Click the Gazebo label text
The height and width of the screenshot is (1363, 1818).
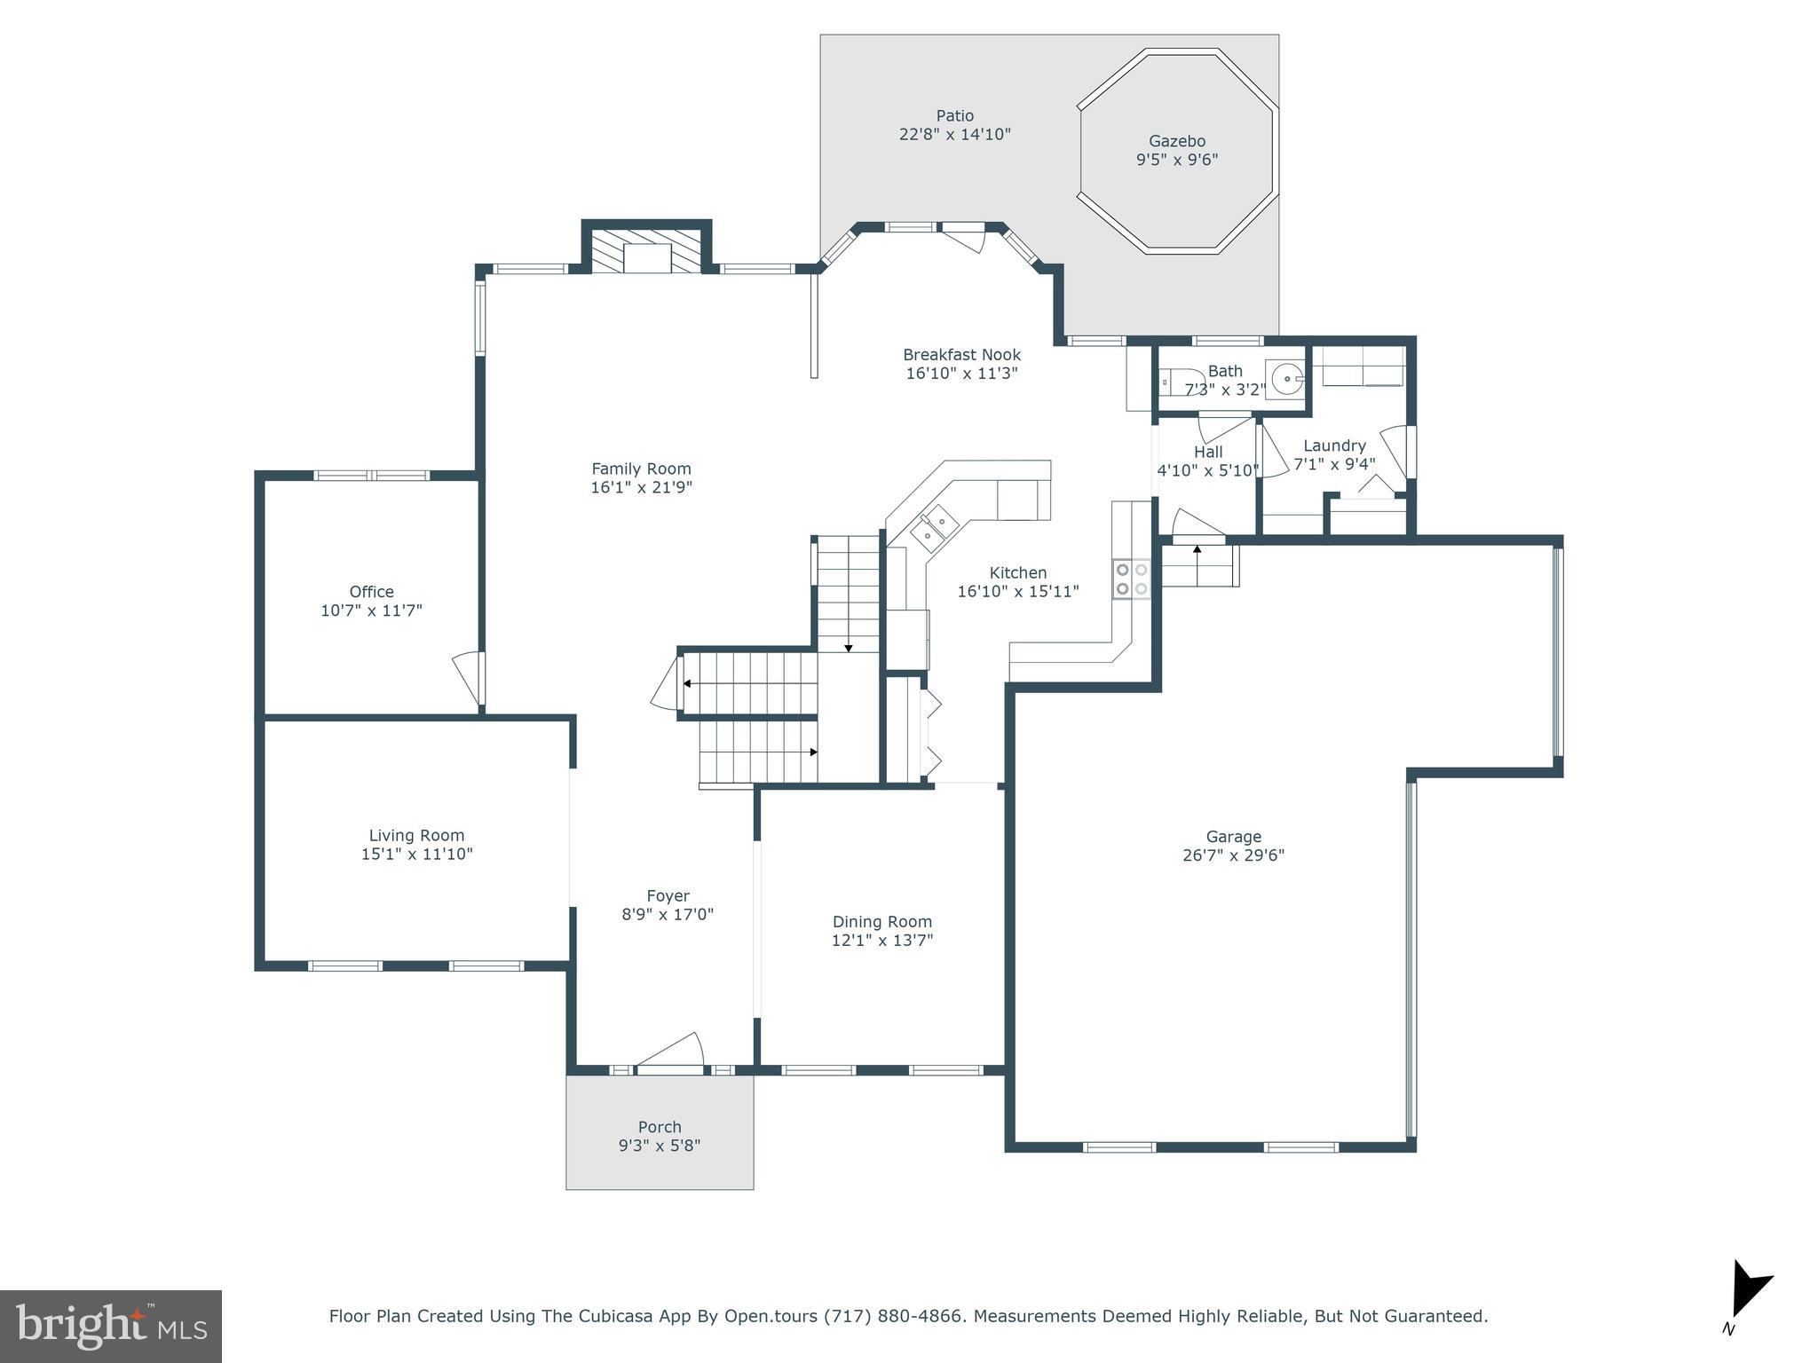(1177, 141)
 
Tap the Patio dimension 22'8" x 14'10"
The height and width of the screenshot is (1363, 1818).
(954, 135)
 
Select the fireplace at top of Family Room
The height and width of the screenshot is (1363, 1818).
(647, 252)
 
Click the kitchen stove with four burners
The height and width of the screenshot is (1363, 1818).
(1132, 579)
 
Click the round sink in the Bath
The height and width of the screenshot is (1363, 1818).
(1284, 379)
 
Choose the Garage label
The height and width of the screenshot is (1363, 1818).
(1233, 837)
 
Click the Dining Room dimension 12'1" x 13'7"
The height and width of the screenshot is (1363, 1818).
(881, 941)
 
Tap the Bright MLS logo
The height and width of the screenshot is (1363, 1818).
(111, 1327)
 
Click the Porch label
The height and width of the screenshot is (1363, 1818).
(660, 1127)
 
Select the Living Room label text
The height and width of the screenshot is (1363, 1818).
(416, 835)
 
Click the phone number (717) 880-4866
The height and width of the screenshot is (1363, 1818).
(893, 1316)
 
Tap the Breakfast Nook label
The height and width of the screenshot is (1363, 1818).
(961, 355)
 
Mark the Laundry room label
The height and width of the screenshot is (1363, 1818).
(1333, 445)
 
